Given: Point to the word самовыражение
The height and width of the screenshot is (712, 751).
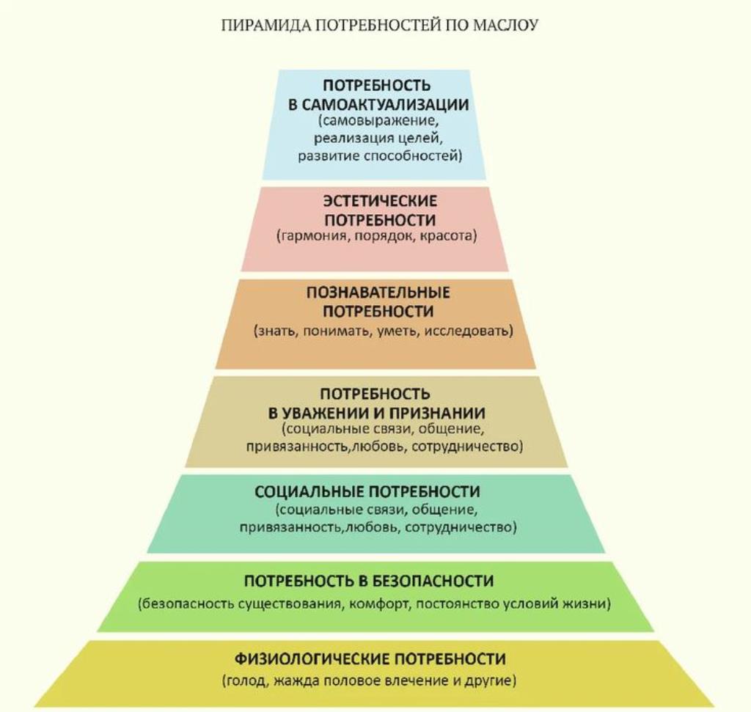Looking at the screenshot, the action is [x=378, y=121].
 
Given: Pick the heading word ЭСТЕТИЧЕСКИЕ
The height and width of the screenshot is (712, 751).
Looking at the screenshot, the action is [x=380, y=201].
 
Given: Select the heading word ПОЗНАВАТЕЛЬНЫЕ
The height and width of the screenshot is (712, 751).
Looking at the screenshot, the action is [x=378, y=293].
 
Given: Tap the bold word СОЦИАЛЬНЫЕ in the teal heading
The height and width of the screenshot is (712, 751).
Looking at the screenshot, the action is [x=311, y=492].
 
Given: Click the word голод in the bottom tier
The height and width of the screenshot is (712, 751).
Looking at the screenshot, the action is [x=246, y=681].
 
